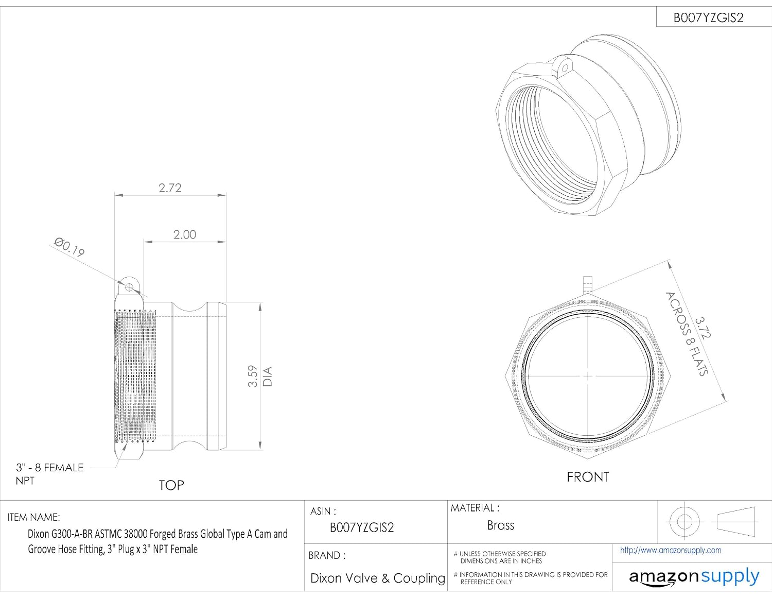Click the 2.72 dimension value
pyautogui.click(x=170, y=187)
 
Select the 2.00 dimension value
pyautogui.click(x=184, y=235)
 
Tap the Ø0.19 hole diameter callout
pyautogui.click(x=69, y=247)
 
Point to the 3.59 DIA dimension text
pyautogui.click(x=260, y=376)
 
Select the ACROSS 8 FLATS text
pyautogui.click(x=687, y=333)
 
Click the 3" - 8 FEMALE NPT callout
pyautogui.click(x=49, y=474)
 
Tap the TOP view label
pyautogui.click(x=171, y=485)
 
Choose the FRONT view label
pyautogui.click(x=588, y=477)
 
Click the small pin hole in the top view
pyautogui.click(x=129, y=287)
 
